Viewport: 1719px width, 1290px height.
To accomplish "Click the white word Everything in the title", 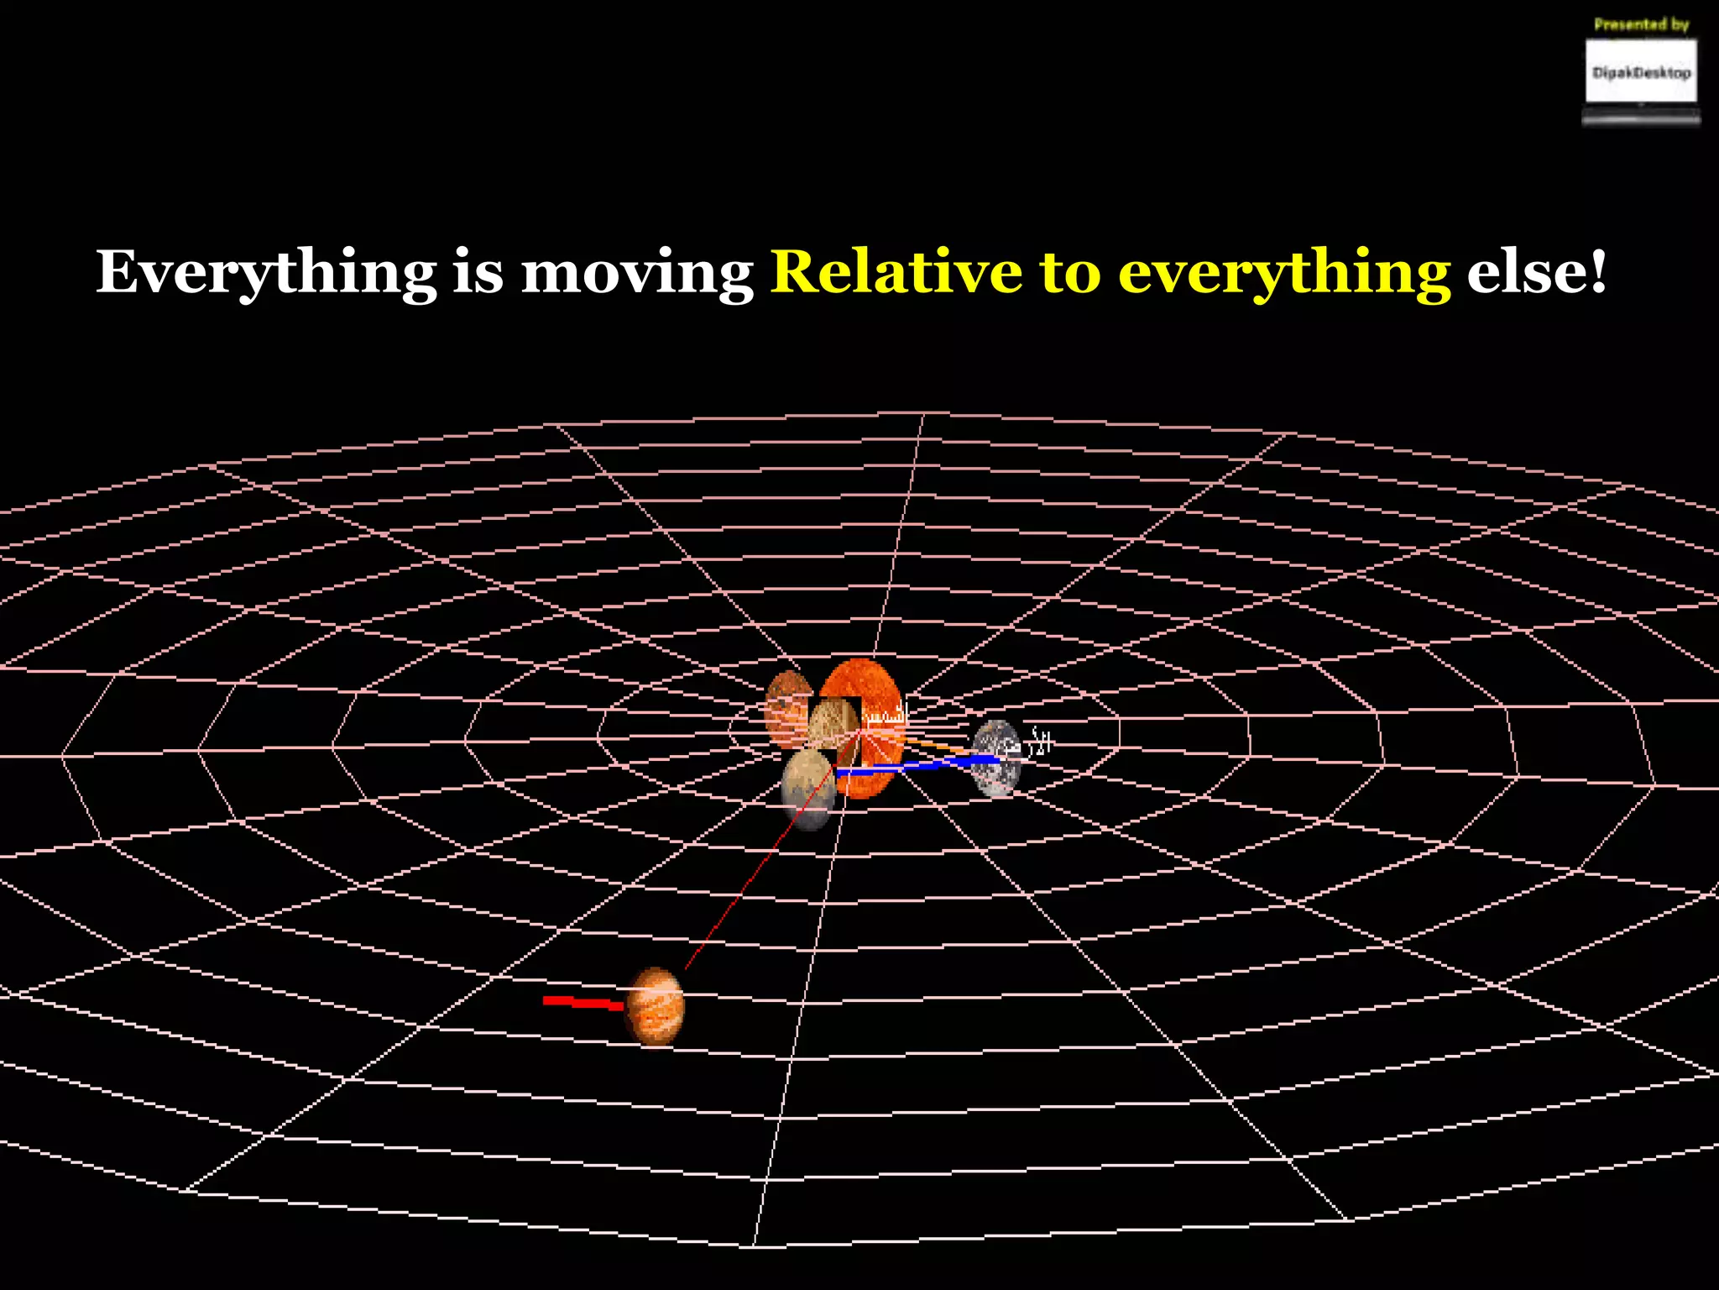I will coord(266,273).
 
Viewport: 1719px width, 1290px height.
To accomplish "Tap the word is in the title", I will coord(478,273).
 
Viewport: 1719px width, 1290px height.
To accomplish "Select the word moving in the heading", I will coord(637,273).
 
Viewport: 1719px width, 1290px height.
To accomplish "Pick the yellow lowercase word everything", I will coord(1284,273).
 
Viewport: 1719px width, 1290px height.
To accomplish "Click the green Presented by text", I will coord(1641,24).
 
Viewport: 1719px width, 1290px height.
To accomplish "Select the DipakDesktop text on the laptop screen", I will coord(1641,73).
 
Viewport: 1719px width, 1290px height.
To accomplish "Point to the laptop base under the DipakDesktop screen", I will coord(1641,119).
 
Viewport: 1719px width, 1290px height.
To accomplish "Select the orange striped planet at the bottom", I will coord(656,1006).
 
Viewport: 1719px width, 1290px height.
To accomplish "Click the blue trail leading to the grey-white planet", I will coord(923,765).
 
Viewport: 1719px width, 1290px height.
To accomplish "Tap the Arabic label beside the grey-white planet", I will coord(1039,742).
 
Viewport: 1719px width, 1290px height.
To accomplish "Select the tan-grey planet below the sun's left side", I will coord(807,788).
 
